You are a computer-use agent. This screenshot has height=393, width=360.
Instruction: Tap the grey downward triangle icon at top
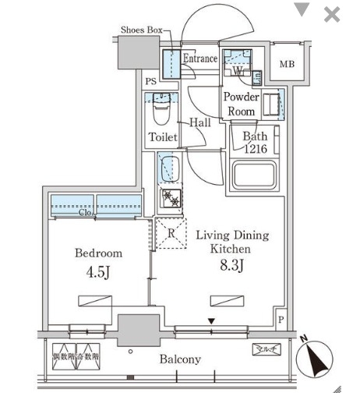(x=301, y=10)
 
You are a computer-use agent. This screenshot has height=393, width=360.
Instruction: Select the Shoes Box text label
(x=141, y=30)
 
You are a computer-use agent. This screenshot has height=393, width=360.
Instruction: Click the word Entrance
(x=199, y=58)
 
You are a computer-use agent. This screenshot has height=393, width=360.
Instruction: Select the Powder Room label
(x=241, y=104)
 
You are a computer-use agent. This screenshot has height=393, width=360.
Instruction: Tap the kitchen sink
(x=169, y=169)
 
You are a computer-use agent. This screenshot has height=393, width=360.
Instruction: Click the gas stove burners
(x=170, y=200)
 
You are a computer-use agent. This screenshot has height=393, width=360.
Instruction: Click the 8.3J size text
(x=232, y=267)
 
